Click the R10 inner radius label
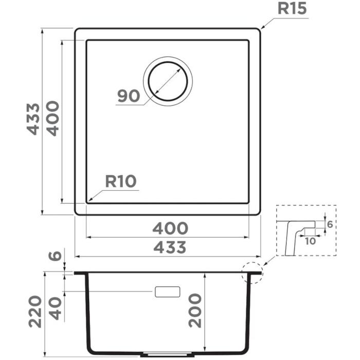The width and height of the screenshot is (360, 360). [x=120, y=181]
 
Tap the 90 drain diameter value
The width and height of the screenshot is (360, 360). [x=129, y=96]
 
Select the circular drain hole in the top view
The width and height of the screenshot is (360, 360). [x=168, y=82]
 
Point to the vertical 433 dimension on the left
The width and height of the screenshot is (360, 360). [x=33, y=119]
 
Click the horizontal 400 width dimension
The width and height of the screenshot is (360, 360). [x=170, y=227]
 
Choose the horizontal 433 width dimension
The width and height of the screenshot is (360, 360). [x=170, y=247]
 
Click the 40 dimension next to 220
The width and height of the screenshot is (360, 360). [x=56, y=307]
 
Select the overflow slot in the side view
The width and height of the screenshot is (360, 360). [x=167, y=292]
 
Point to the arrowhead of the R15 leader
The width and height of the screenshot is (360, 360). [x=262, y=27]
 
